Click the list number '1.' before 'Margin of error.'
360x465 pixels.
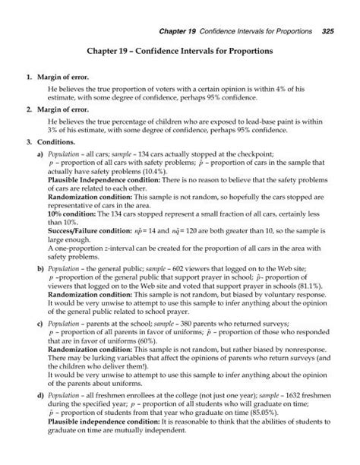click(x=29, y=77)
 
